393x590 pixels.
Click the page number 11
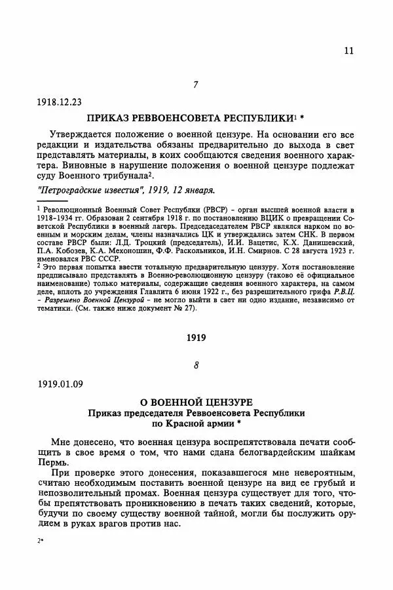pyautogui.click(x=349, y=50)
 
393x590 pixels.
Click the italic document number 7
pyautogui.click(x=196, y=83)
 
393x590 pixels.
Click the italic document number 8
pyautogui.click(x=196, y=365)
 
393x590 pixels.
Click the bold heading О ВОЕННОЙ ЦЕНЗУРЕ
pyautogui.click(x=196, y=401)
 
